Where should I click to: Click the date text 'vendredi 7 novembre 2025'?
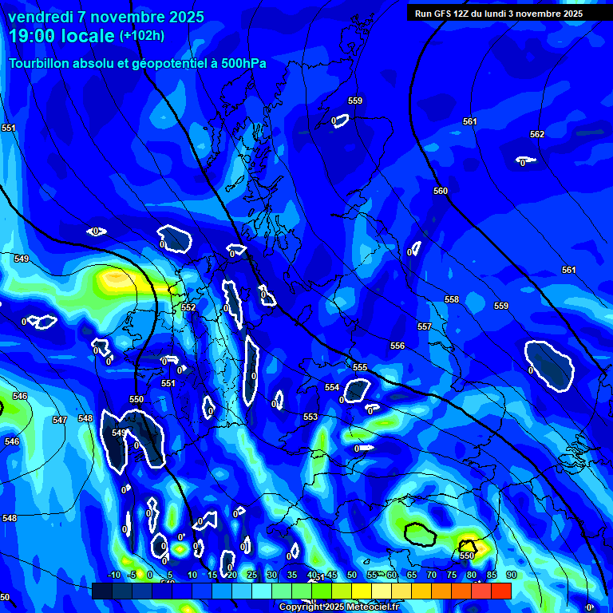pyautogui.click(x=106, y=17)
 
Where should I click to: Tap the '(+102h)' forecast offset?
pyautogui.click(x=142, y=36)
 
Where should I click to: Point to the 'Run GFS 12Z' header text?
pyautogui.click(x=443, y=14)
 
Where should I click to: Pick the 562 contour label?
pyautogui.click(x=537, y=134)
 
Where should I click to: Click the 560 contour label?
pyautogui.click(x=441, y=191)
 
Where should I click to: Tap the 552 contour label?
pyautogui.click(x=188, y=307)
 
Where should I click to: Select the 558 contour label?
pyautogui.click(x=452, y=299)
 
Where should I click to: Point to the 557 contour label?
pyautogui.click(x=425, y=326)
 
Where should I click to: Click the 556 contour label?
pyautogui.click(x=397, y=346)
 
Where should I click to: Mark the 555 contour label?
pyautogui.click(x=360, y=367)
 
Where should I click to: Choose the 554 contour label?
pyautogui.click(x=332, y=387)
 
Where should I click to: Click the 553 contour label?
pyautogui.click(x=310, y=417)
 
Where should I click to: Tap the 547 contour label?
pyautogui.click(x=60, y=420)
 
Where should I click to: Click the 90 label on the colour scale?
pyautogui.click(x=511, y=575)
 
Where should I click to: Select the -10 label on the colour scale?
pyautogui.click(x=113, y=575)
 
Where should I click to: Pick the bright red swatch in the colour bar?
pyautogui.click(x=500, y=591)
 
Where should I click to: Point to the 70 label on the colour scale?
pyautogui.click(x=431, y=575)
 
